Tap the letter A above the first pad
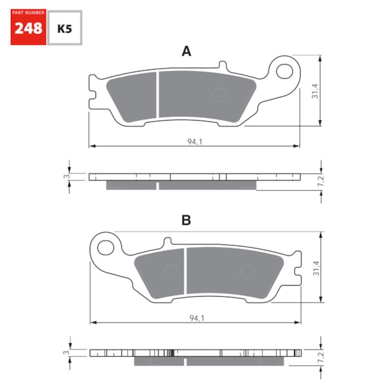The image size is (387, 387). coord(186,52)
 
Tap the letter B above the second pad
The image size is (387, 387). coord(186,221)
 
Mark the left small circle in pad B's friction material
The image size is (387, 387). coord(171,271)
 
